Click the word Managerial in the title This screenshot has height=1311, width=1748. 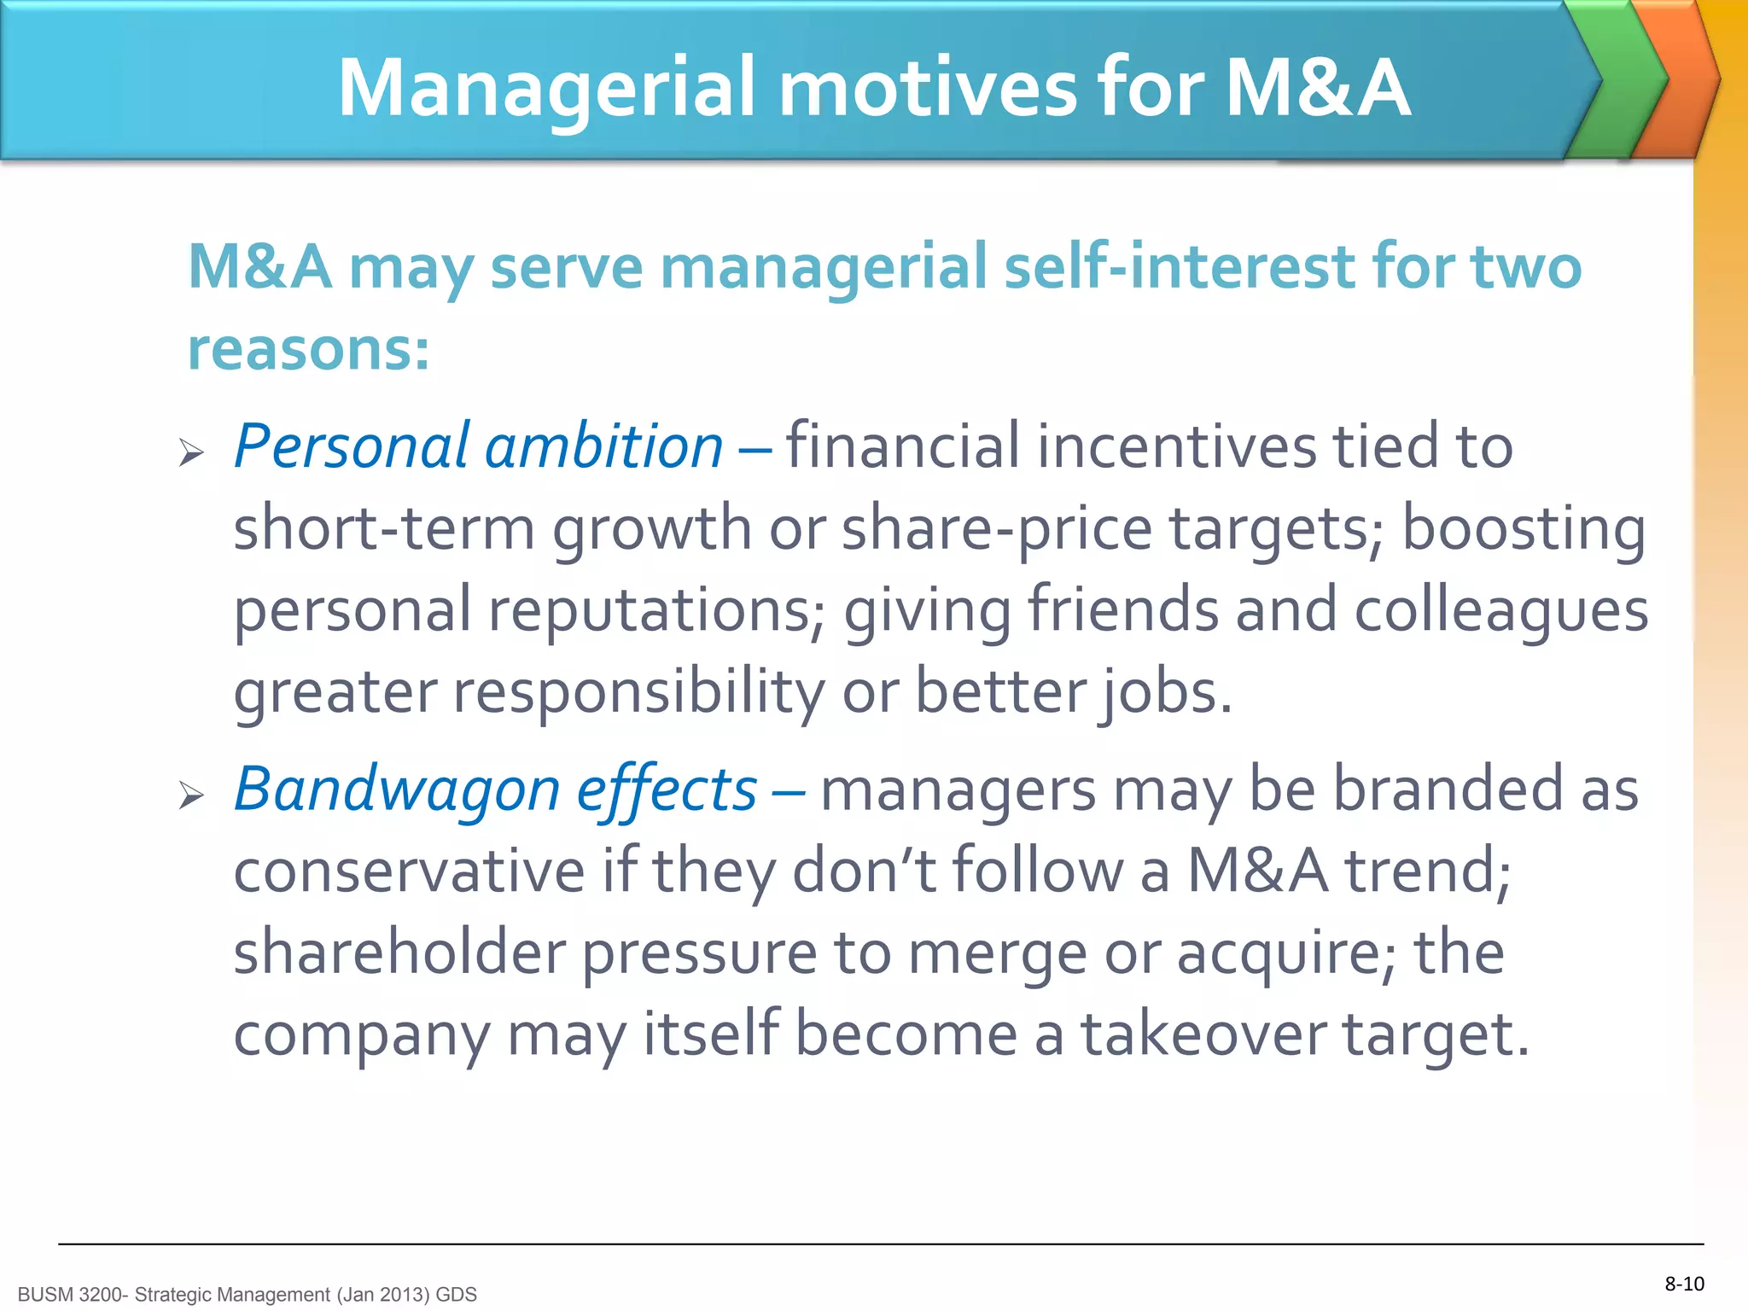click(x=547, y=88)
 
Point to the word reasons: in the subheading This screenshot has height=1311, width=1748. click(x=308, y=349)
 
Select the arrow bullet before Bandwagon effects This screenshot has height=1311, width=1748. click(x=191, y=795)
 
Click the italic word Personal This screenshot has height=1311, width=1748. click(x=351, y=446)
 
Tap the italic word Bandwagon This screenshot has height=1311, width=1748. click(x=397, y=790)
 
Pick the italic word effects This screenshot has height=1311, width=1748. click(x=666, y=790)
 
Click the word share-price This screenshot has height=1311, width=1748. click(x=997, y=528)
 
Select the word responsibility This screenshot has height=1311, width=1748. click(x=638, y=691)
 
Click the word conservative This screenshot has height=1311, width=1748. click(x=409, y=871)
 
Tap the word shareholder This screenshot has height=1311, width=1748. click(x=399, y=953)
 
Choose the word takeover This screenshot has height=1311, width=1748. click(x=1203, y=1034)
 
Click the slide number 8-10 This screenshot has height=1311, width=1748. click(x=1684, y=1284)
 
